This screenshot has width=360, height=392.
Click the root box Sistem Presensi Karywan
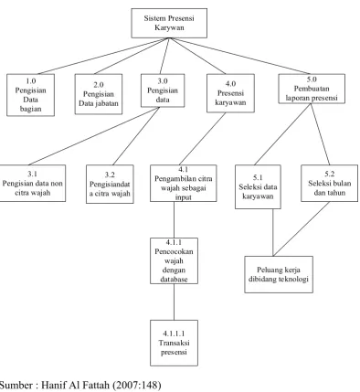pyautogui.click(x=169, y=23)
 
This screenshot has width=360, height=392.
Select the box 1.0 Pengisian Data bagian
pyautogui.click(x=30, y=95)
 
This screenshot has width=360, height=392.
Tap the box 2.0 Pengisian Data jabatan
pyautogui.click(x=99, y=94)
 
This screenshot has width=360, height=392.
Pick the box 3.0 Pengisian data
pyautogui.click(x=163, y=90)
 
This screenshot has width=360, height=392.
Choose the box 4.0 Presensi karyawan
pyautogui.click(x=230, y=93)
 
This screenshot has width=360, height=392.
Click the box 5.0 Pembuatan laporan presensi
pyautogui.click(x=312, y=89)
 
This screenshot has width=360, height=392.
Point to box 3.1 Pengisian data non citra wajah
pyautogui.click(x=32, y=183)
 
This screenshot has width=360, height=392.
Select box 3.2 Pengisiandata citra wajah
pyautogui.click(x=110, y=184)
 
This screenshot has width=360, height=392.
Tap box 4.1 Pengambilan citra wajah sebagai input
pyautogui.click(x=184, y=184)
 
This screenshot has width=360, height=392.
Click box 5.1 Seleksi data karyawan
pyautogui.click(x=258, y=186)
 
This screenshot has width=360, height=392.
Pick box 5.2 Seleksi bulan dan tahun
pyautogui.click(x=329, y=183)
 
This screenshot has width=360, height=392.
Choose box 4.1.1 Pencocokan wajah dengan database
pyautogui.click(x=174, y=260)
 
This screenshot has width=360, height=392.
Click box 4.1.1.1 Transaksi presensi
pyautogui.click(x=174, y=343)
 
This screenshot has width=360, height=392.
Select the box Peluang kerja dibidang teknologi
pyautogui.click(x=279, y=274)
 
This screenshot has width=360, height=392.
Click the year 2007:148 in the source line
pyautogui.click(x=136, y=385)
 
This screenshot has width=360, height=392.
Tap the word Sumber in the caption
pyautogui.click(x=16, y=385)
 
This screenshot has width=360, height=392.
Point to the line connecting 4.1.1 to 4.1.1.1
pyautogui.click(x=174, y=302)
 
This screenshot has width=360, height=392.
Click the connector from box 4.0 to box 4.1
pyautogui.click(x=203, y=139)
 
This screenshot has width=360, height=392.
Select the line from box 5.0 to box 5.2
pyautogui.click(x=320, y=134)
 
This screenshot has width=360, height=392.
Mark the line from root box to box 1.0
pyautogui.click(x=104, y=56)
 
